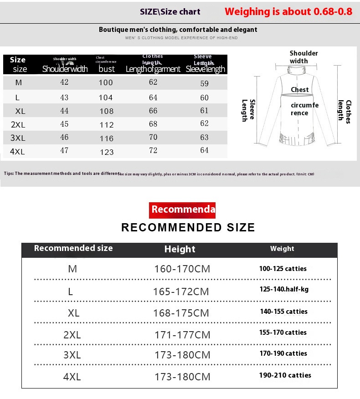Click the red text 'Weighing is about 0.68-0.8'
click(x=288, y=12)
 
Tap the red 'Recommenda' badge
click(x=182, y=210)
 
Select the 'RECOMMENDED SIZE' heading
click(x=188, y=227)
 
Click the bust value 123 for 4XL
click(x=107, y=152)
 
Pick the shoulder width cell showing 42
click(x=64, y=82)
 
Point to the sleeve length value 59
click(x=204, y=84)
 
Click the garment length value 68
click(x=153, y=124)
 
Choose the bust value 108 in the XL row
click(x=107, y=111)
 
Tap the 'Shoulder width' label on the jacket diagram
click(x=303, y=57)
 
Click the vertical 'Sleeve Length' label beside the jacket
click(x=248, y=110)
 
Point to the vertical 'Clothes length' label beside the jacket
click(x=345, y=111)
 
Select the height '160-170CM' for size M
click(x=182, y=269)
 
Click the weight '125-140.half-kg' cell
click(x=284, y=289)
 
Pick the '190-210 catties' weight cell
click(x=285, y=375)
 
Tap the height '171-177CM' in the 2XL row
click(x=182, y=335)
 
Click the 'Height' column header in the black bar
click(x=180, y=249)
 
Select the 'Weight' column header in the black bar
click(x=282, y=249)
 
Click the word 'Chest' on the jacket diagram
click(x=300, y=90)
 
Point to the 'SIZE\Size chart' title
click(x=170, y=12)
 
